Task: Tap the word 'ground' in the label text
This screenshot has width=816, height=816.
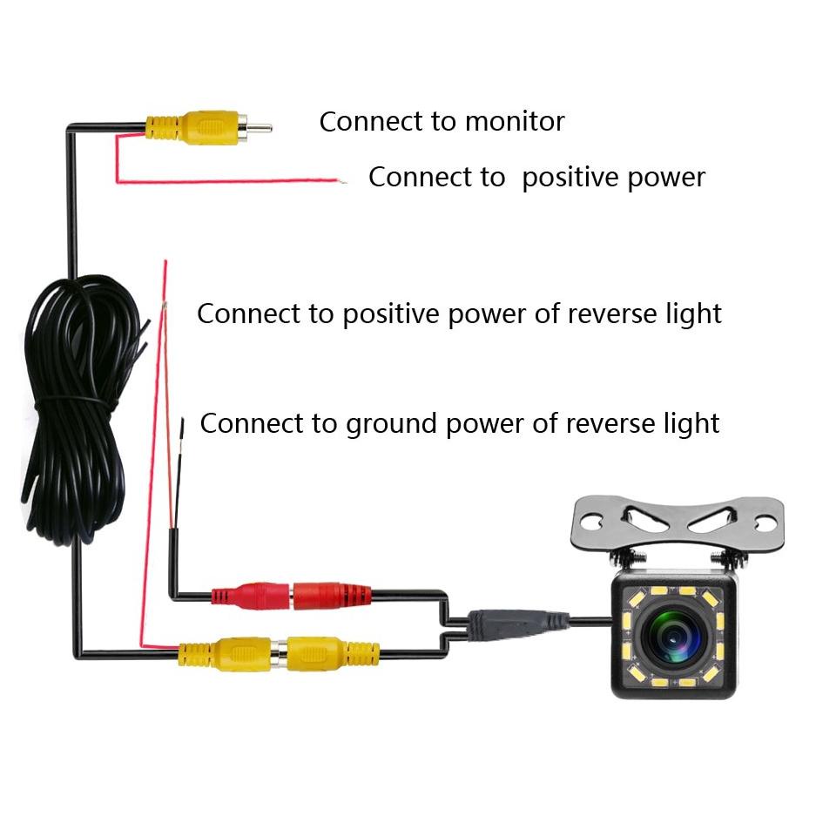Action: point(390,424)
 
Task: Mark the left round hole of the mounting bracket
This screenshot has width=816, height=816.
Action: point(590,523)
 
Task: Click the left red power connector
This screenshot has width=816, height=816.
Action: point(253,597)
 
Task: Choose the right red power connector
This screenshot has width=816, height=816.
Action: point(331,597)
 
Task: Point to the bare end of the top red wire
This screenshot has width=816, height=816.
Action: point(341,181)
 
